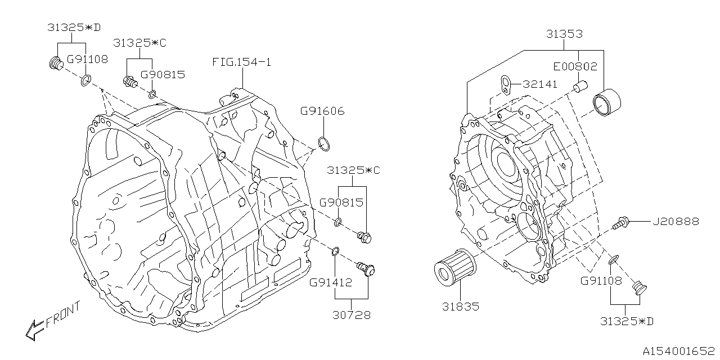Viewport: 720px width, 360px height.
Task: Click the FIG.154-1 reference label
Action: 241,62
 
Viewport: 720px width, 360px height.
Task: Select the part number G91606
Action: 322,111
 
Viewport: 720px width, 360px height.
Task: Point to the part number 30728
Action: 350,315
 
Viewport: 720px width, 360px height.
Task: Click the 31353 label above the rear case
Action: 564,34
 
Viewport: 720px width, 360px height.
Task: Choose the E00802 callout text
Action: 575,66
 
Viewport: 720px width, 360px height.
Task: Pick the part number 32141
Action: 540,84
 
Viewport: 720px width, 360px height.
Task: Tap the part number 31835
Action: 460,307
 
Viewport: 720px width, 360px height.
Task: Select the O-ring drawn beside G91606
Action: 323,143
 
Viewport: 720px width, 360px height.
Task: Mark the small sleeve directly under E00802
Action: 579,87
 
